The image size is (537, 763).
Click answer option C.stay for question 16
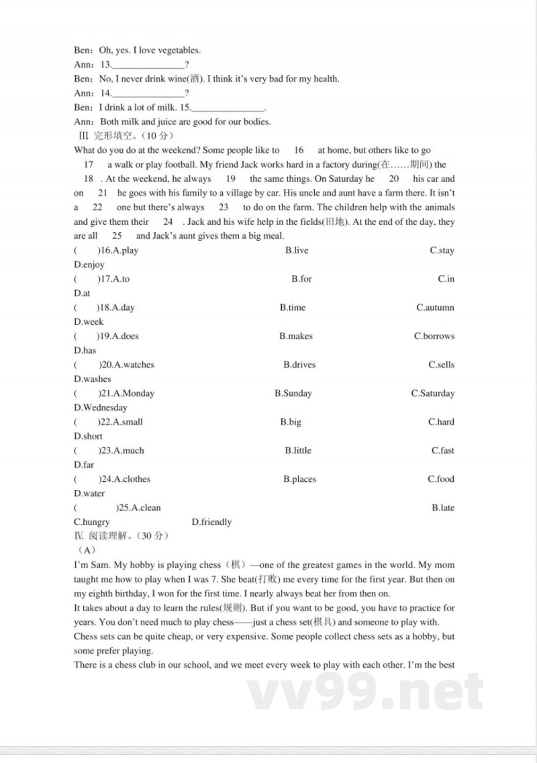click(x=442, y=250)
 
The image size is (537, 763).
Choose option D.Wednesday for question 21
click(x=101, y=407)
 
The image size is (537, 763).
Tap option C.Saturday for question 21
click(x=432, y=393)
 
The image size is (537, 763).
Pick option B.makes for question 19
click(x=296, y=336)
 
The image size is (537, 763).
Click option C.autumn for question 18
click(x=435, y=307)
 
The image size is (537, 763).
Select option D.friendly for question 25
click(x=211, y=521)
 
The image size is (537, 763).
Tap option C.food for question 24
click(x=441, y=479)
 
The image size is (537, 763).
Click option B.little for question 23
click(x=298, y=450)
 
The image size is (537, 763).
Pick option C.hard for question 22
click(x=441, y=422)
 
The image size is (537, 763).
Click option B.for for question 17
click(x=301, y=278)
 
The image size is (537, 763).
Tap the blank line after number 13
click(x=148, y=65)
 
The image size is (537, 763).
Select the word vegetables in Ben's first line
click(x=179, y=50)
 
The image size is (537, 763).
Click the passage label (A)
click(x=87, y=550)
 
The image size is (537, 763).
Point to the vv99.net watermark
click(x=366, y=691)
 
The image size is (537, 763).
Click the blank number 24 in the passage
click(x=168, y=221)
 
